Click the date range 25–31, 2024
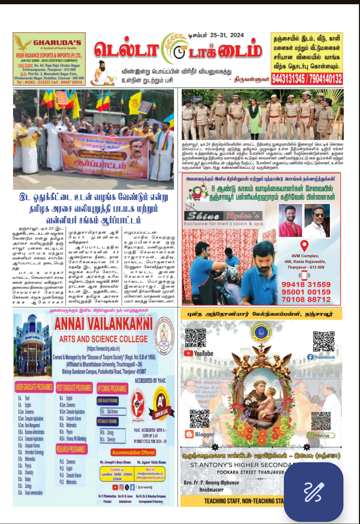point(227,35)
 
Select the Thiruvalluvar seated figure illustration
point(103,73)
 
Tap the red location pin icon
point(304,246)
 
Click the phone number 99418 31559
point(306,284)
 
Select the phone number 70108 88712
point(306,300)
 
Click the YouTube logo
point(199,353)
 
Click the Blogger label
point(200,434)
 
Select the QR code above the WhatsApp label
point(321,421)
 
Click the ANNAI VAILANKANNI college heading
point(103,324)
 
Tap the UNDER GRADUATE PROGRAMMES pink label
point(34,387)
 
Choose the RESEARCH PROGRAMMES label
point(71,449)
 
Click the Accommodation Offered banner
point(133,452)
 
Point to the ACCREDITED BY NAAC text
point(150,380)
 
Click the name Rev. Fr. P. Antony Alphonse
point(211,482)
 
